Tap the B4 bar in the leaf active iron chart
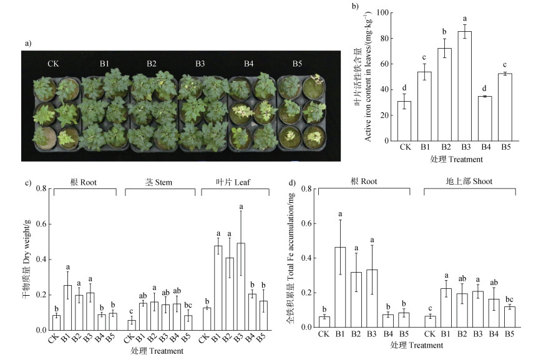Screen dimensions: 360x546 click(x=485, y=119)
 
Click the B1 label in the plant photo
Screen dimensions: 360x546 click(x=104, y=64)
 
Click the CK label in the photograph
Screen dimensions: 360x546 click(x=55, y=64)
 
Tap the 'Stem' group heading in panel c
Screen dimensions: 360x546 click(x=161, y=182)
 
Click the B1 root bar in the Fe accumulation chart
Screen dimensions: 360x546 click(x=340, y=287)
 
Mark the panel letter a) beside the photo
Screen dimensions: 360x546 click(x=27, y=43)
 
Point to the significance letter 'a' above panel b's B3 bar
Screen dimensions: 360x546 click(x=464, y=19)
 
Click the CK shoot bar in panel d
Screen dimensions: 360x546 click(x=429, y=321)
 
